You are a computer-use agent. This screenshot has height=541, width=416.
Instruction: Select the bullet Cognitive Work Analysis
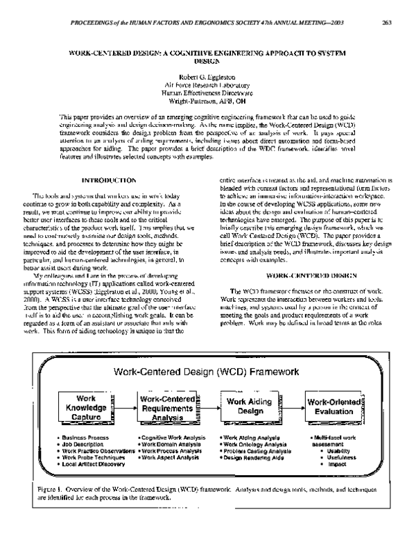tap(172, 438)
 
